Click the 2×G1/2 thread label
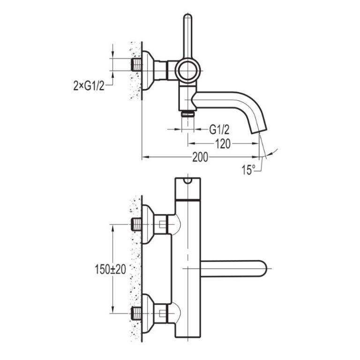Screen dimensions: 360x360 pyautogui.click(x=89, y=86)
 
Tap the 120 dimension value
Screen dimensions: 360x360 pyautogui.click(x=223, y=144)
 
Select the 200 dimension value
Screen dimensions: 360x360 pyautogui.click(x=200, y=157)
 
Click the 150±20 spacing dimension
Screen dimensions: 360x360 pyautogui.click(x=111, y=269)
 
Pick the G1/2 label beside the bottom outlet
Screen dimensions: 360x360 pyautogui.click(x=219, y=130)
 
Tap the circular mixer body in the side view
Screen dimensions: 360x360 pyautogui.click(x=188, y=71)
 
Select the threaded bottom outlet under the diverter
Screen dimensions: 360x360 pyautogui.click(x=188, y=113)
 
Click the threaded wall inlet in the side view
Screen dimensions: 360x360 pyautogui.click(x=137, y=65)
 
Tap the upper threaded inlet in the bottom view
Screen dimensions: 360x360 pyautogui.click(x=137, y=225)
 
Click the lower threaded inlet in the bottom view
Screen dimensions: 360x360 pyautogui.click(x=137, y=314)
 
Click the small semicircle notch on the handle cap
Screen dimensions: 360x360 pyautogui.click(x=188, y=181)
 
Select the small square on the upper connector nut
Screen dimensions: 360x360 pyautogui.click(x=163, y=224)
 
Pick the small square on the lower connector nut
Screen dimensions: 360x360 pyautogui.click(x=163, y=313)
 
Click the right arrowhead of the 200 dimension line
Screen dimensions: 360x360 pyautogui.click(x=255, y=157)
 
